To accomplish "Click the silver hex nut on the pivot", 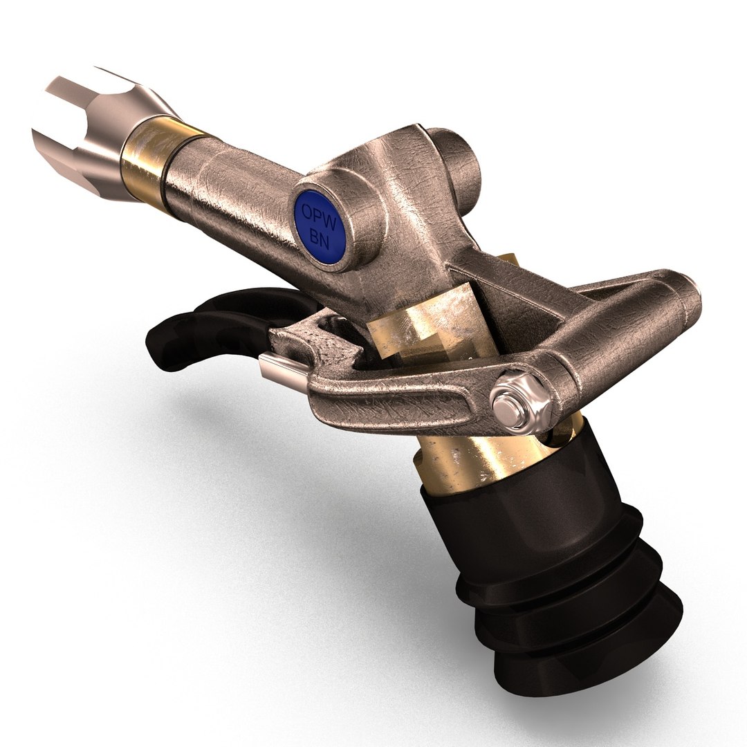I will click(x=515, y=400).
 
